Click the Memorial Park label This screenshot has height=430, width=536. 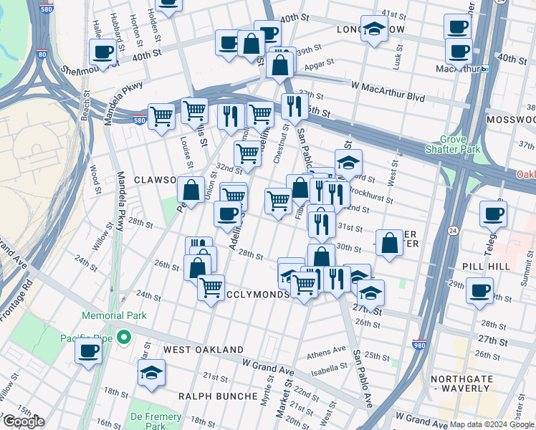pyautogui.click(x=114, y=315)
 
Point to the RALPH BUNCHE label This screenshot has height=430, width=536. pyautogui.click(x=217, y=396)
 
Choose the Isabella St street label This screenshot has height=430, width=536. pyautogui.click(x=329, y=370)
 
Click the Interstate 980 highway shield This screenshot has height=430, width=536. pyautogui.click(x=419, y=345)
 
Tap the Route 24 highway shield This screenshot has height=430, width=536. pyautogui.click(x=453, y=230)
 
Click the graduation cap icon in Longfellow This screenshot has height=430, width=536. pyautogui.click(x=373, y=29)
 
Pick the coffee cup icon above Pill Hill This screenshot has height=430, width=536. pyautogui.click(x=493, y=214)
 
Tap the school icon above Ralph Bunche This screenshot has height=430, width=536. pyautogui.click(x=151, y=373)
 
